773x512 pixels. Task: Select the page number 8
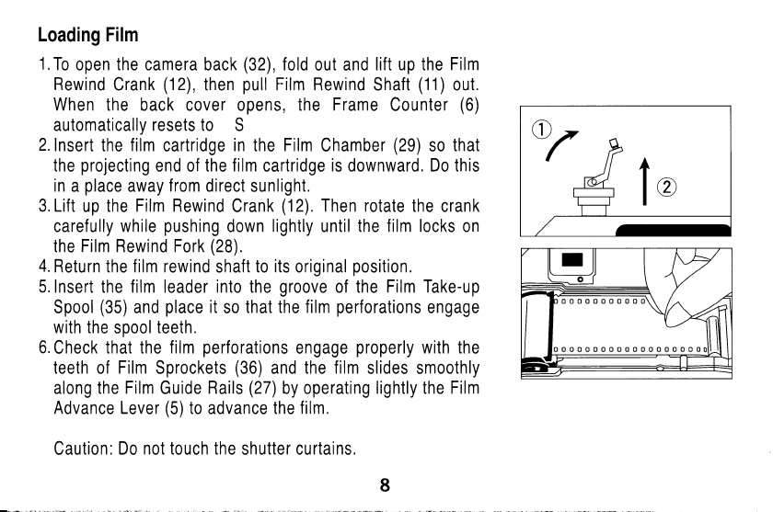click(x=386, y=488)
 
